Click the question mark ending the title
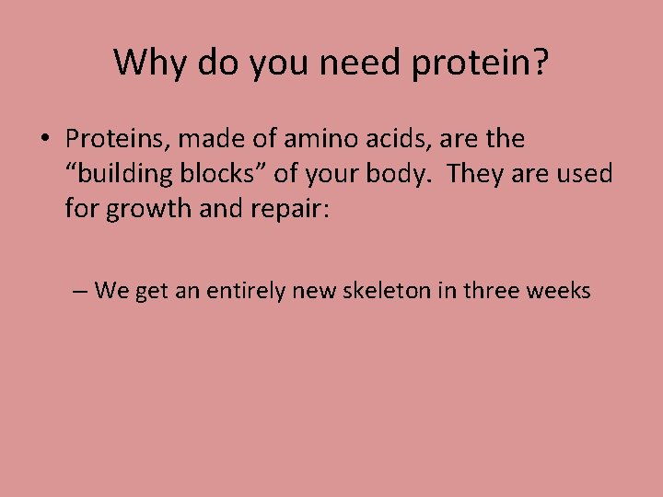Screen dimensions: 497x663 pyautogui.click(x=540, y=63)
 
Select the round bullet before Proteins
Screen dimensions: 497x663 pyautogui.click(x=44, y=140)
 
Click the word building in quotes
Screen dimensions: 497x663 pyautogui.click(x=122, y=174)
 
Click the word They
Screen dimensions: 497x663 pyautogui.click(x=477, y=174)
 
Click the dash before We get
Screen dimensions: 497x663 pyautogui.click(x=80, y=292)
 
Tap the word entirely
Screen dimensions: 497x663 pyautogui.click(x=246, y=292)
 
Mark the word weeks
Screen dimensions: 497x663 pyautogui.click(x=558, y=292)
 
